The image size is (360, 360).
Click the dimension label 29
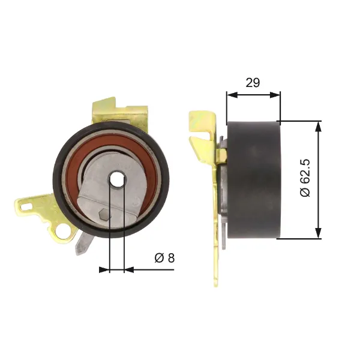tap(253, 83)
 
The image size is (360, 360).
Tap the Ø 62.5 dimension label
tap(305, 178)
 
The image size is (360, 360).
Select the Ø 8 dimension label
tap(164, 258)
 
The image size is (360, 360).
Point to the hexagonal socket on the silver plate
tap(103, 215)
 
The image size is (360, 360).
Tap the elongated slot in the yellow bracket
tap(26, 206)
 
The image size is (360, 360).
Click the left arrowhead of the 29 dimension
tap(232, 95)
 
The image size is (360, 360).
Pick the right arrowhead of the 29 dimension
tap(275, 95)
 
